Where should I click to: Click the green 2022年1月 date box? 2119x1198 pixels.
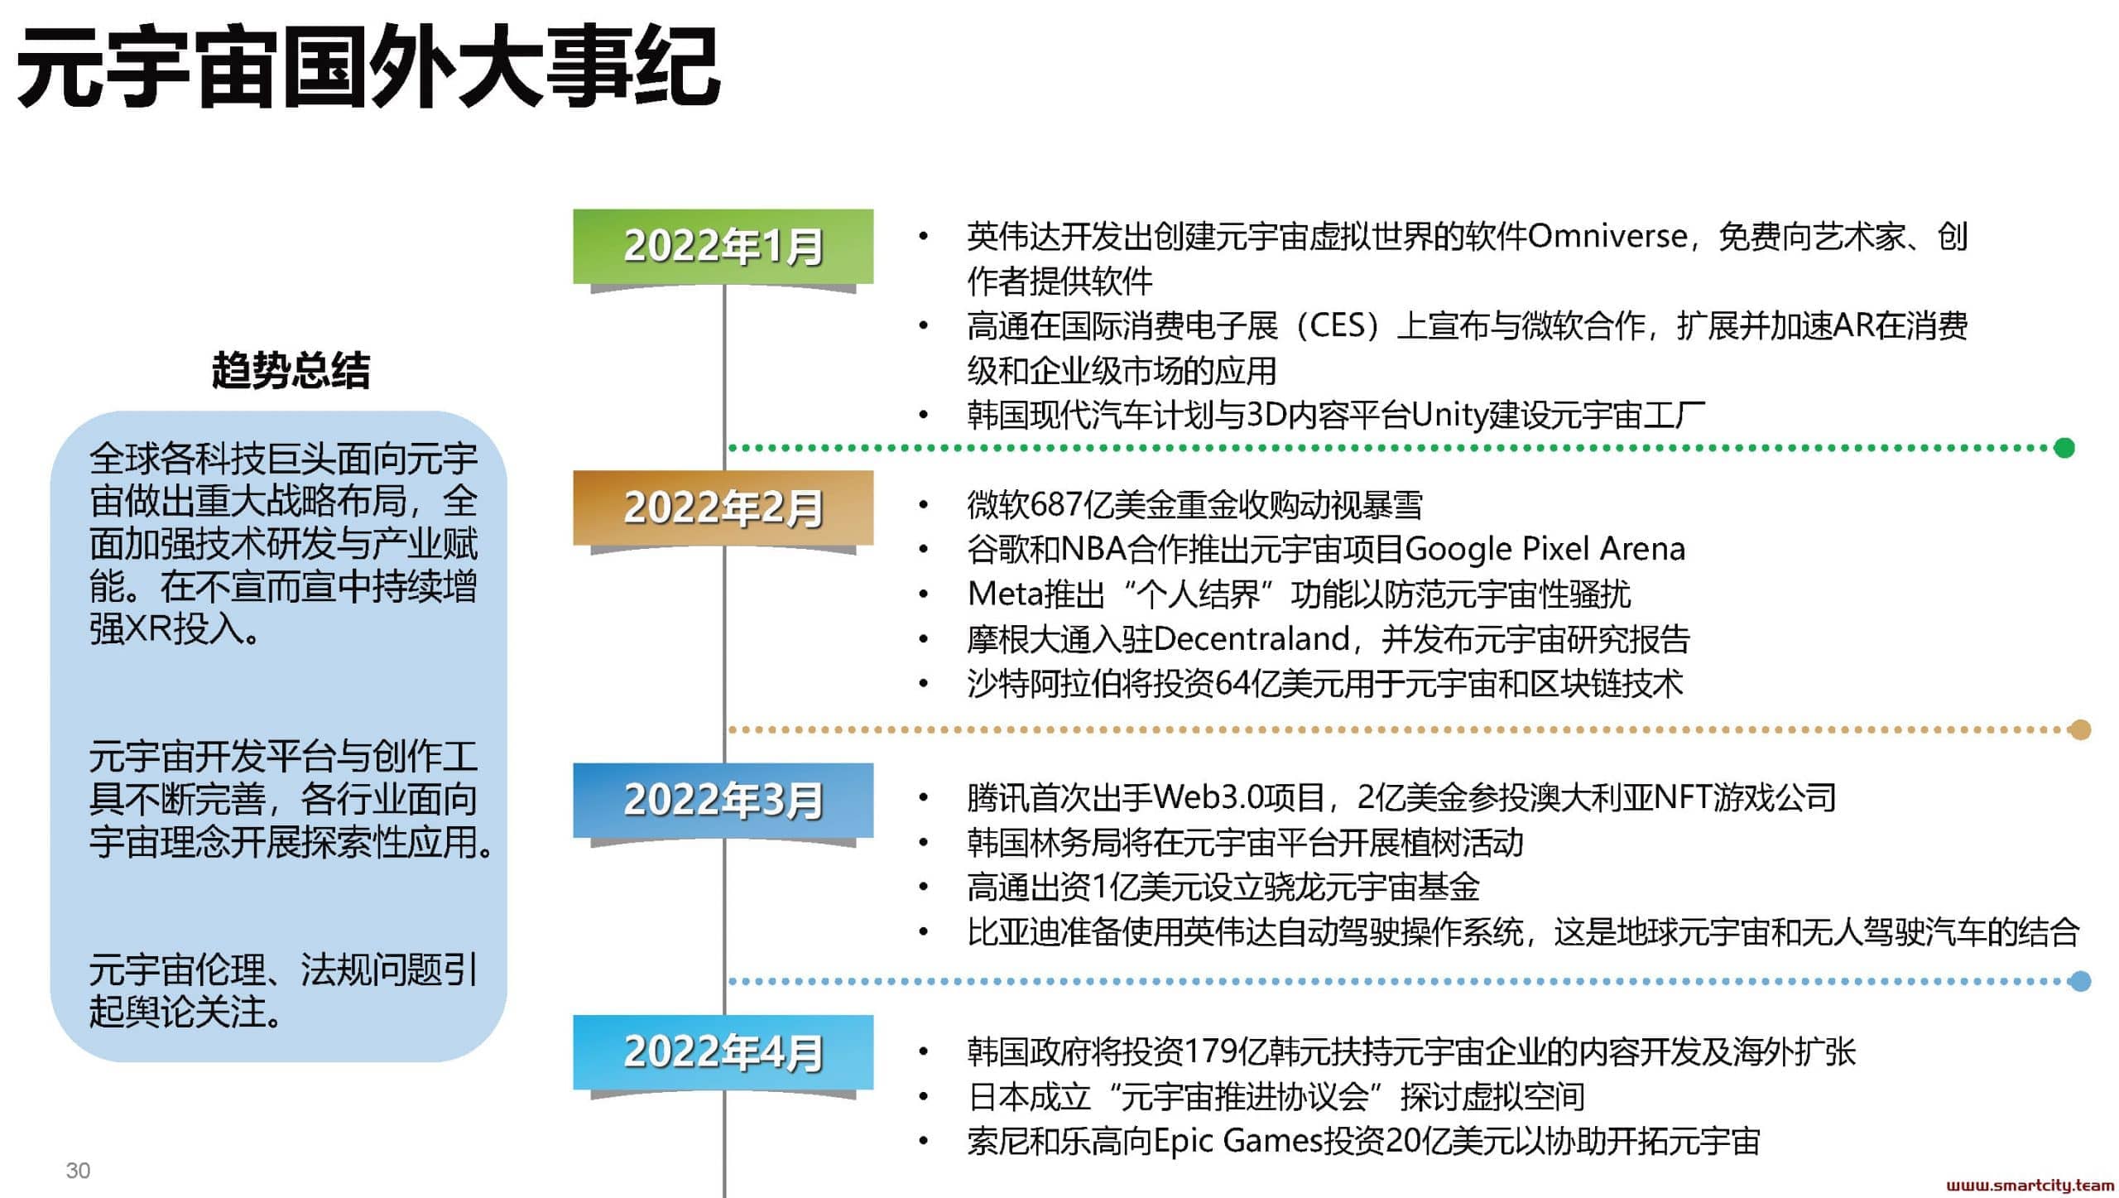click(x=723, y=247)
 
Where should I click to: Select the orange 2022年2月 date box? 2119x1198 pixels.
click(x=723, y=508)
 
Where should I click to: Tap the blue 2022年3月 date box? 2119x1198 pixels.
click(x=723, y=800)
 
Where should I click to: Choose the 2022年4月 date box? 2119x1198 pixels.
click(x=723, y=1052)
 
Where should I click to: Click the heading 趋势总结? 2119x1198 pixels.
click(x=291, y=370)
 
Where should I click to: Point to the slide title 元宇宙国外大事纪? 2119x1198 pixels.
click(x=368, y=67)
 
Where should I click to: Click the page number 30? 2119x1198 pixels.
click(x=78, y=1171)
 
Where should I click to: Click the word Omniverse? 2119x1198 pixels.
click(x=1607, y=237)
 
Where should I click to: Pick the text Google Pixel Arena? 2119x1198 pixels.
click(x=1545, y=549)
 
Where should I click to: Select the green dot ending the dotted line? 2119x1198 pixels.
click(x=2064, y=448)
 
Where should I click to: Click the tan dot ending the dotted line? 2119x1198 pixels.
click(x=2079, y=729)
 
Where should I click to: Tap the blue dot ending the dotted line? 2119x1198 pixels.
click(x=2079, y=981)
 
